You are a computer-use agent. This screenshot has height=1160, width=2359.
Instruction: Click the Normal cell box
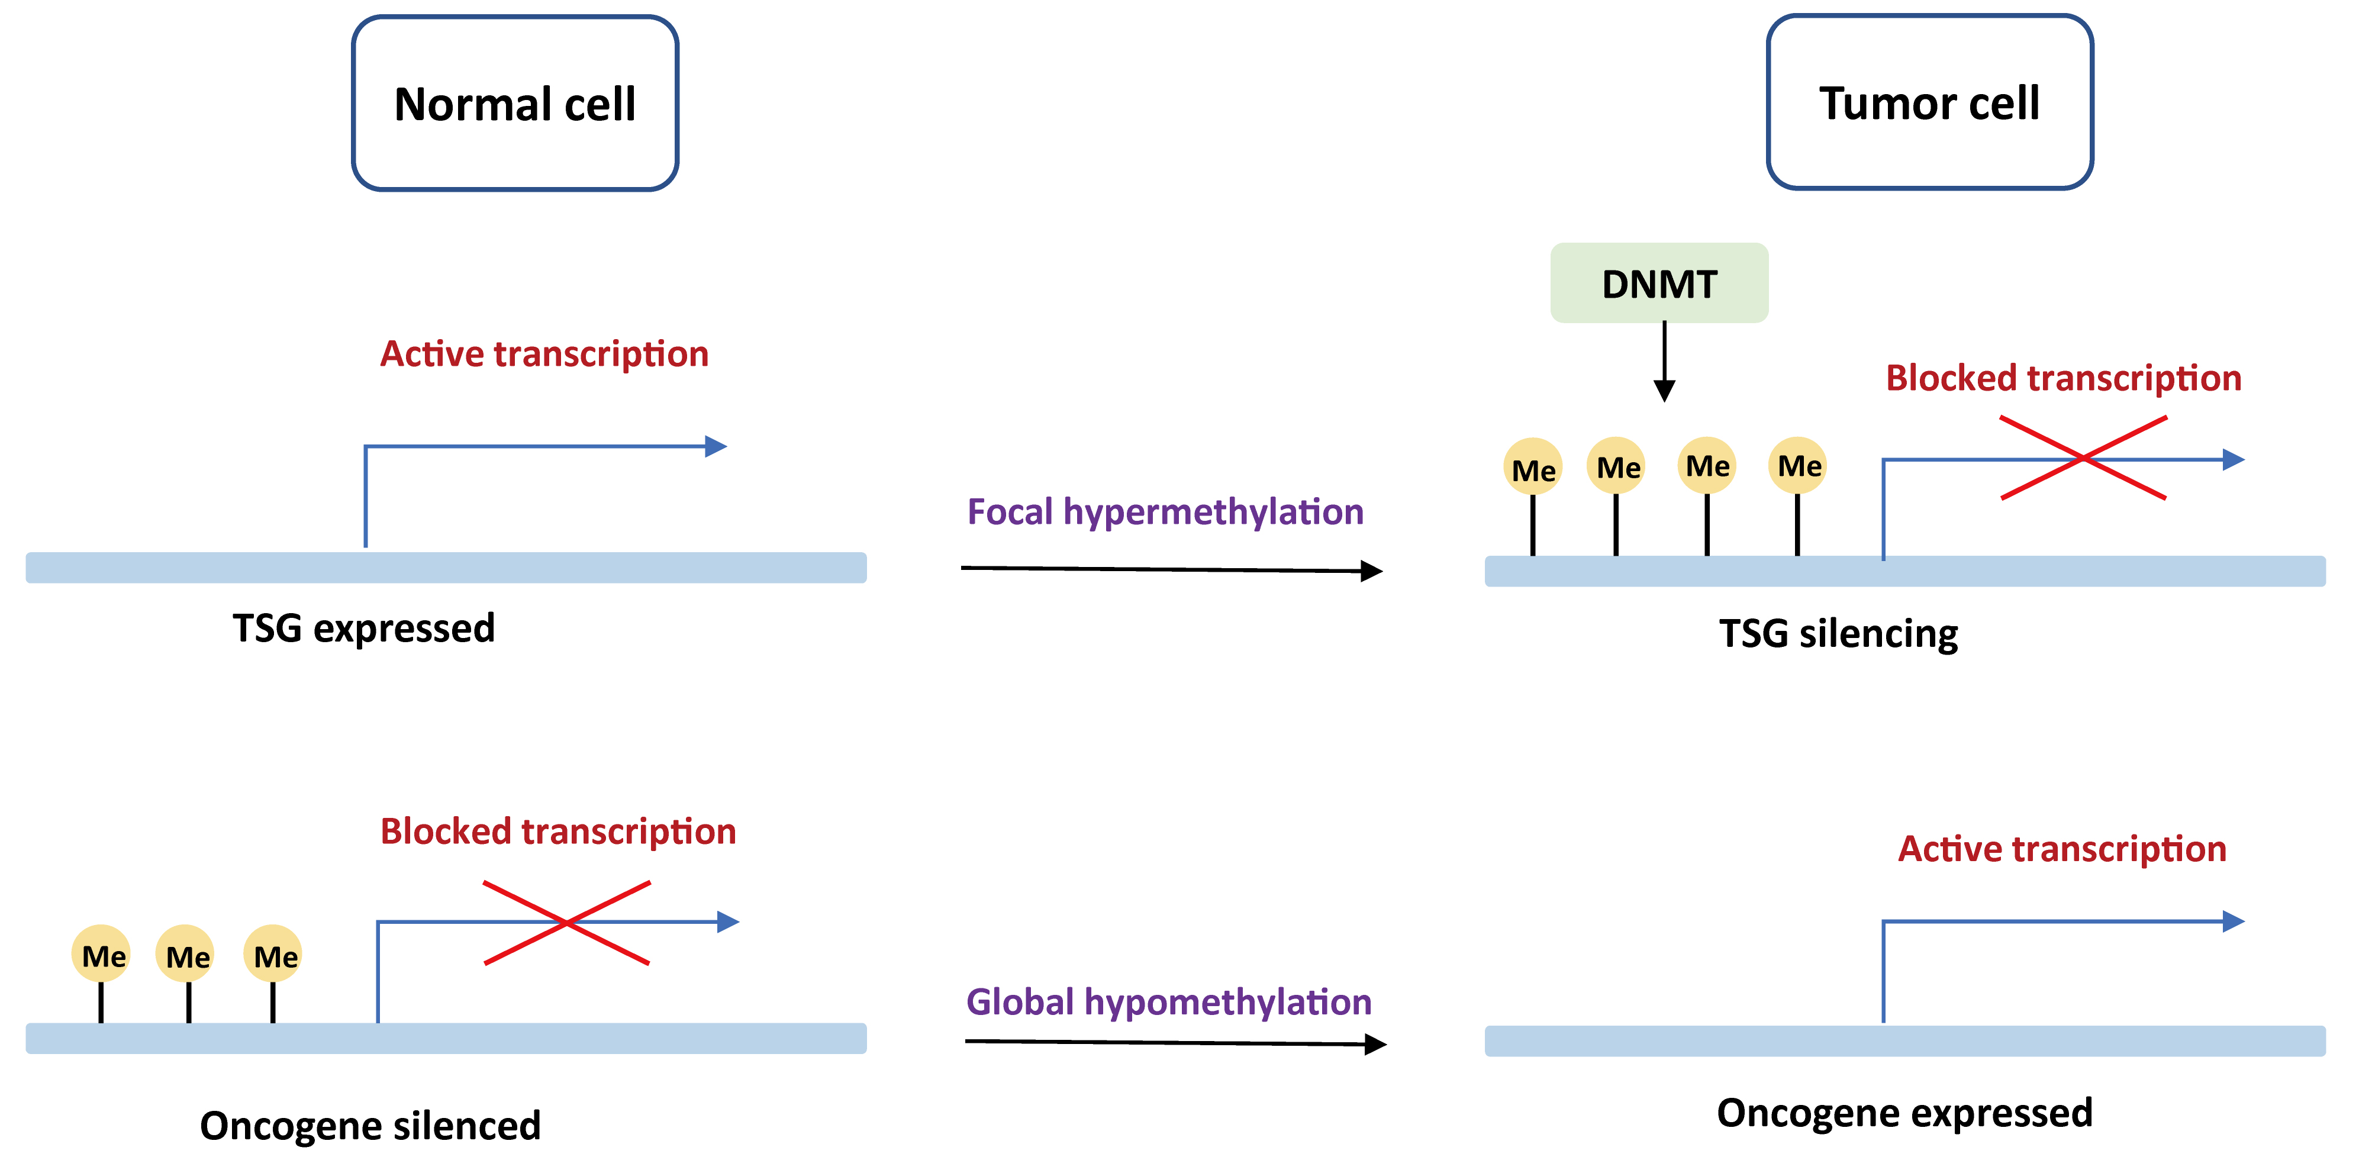pyautogui.click(x=515, y=102)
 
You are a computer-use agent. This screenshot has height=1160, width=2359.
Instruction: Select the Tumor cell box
pyautogui.click(x=1929, y=102)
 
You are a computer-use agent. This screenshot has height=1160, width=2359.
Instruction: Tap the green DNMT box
pyautogui.click(x=1658, y=283)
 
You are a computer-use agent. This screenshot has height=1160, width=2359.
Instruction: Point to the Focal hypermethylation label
pyautogui.click(x=1165, y=512)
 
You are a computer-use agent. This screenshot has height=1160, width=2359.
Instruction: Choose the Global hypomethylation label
pyautogui.click(x=1168, y=1001)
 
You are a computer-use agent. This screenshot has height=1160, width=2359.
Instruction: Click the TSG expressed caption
pyautogui.click(x=363, y=628)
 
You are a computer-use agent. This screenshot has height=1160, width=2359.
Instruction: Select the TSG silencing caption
pyautogui.click(x=1838, y=633)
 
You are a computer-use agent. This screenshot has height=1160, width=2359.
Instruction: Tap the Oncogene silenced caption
pyautogui.click(x=370, y=1125)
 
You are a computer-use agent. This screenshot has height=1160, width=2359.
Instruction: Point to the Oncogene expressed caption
pyautogui.click(x=1904, y=1113)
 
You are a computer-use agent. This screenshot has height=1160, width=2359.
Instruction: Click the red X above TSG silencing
pyautogui.click(x=2083, y=457)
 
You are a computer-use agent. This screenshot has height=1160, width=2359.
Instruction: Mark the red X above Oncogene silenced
pyautogui.click(x=567, y=923)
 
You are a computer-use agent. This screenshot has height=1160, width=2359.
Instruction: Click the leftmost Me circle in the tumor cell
pyautogui.click(x=1533, y=467)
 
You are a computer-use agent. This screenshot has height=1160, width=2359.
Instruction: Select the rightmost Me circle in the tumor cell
pyautogui.click(x=1797, y=465)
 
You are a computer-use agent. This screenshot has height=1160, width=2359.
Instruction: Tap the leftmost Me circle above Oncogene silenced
pyautogui.click(x=101, y=954)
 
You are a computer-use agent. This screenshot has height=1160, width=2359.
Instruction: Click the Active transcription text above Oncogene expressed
pyautogui.click(x=2061, y=849)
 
